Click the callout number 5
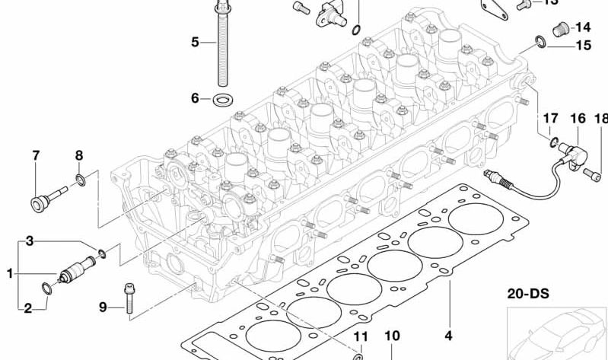tap(195, 42)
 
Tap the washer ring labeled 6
tap(224, 99)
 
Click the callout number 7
tap(35, 157)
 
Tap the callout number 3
tap(30, 241)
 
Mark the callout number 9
tap(103, 307)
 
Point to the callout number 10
tap(391, 336)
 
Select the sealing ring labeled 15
tap(539, 41)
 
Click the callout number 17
tap(550, 118)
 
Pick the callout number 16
tap(578, 118)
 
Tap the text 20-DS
tap(528, 292)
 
